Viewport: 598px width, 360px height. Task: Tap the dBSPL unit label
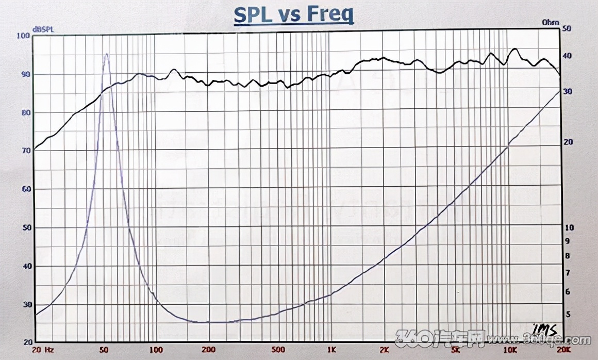click(43, 29)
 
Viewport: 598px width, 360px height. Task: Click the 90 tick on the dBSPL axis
click(25, 74)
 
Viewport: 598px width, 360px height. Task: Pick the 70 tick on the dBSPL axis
click(25, 151)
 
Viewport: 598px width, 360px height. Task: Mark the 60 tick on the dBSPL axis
click(25, 189)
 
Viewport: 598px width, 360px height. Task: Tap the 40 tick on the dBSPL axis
click(25, 266)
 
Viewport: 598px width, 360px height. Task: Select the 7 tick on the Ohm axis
click(567, 272)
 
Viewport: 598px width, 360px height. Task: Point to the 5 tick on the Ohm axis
click(567, 314)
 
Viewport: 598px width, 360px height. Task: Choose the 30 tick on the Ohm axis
click(567, 91)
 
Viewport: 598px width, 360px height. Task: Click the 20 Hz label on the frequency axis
click(42, 349)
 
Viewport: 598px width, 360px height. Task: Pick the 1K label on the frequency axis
click(330, 349)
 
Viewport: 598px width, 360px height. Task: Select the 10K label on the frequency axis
click(507, 349)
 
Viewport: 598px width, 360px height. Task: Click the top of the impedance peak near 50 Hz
click(106, 54)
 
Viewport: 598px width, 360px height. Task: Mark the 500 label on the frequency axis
click(278, 349)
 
